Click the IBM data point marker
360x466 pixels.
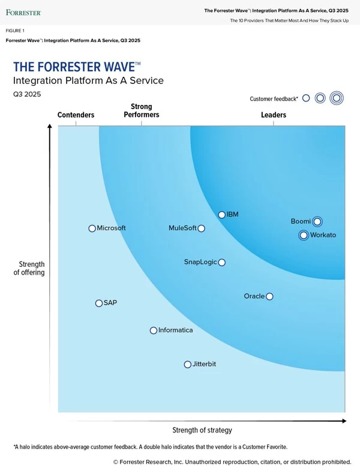coord(221,215)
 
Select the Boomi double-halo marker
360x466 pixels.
coord(317,221)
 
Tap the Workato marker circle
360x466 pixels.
coord(304,235)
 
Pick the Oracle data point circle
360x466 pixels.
coord(269,296)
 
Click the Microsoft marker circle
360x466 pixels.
coord(92,229)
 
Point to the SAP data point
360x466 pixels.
coord(99,303)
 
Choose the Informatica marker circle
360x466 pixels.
coord(154,330)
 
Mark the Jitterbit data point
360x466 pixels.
coord(188,365)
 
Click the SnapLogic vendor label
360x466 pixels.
coord(200,262)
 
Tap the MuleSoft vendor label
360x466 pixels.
coord(182,229)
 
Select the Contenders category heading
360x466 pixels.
coord(76,115)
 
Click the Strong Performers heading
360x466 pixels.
coord(142,111)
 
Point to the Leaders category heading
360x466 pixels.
coord(274,115)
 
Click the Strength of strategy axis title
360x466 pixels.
coord(202,430)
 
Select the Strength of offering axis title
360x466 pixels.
coord(29,269)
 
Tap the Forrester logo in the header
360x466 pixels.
coord(23,12)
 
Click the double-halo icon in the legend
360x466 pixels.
coord(337,98)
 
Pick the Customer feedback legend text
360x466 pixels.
coord(274,99)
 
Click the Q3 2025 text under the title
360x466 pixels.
coord(27,94)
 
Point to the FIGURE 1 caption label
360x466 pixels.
coord(16,30)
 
